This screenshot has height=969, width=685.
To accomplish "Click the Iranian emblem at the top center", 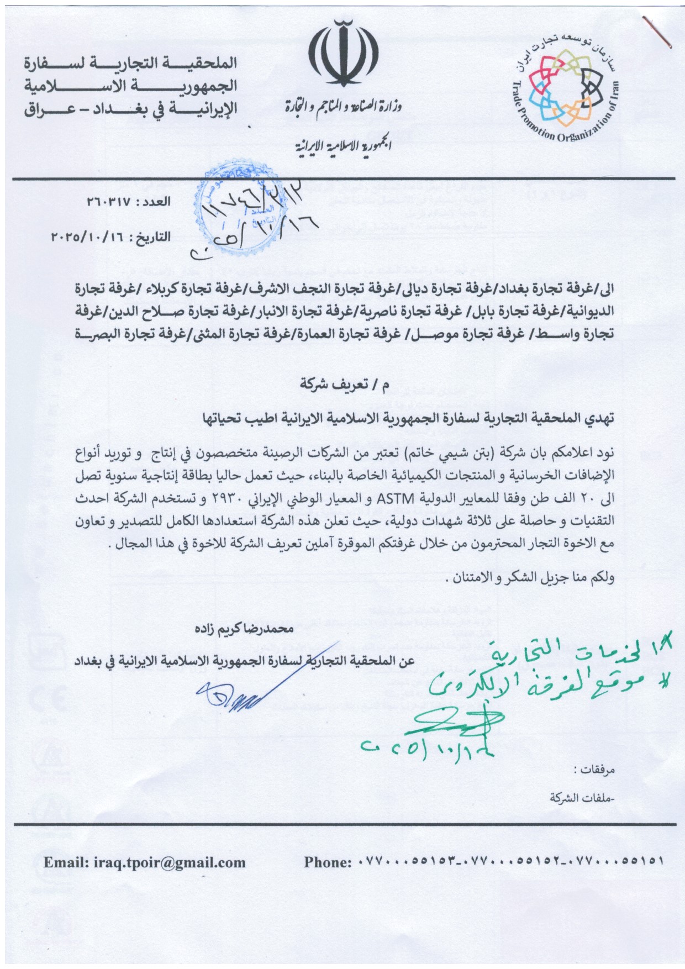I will click(x=343, y=54).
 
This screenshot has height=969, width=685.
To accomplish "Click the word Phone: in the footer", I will click(x=328, y=862).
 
